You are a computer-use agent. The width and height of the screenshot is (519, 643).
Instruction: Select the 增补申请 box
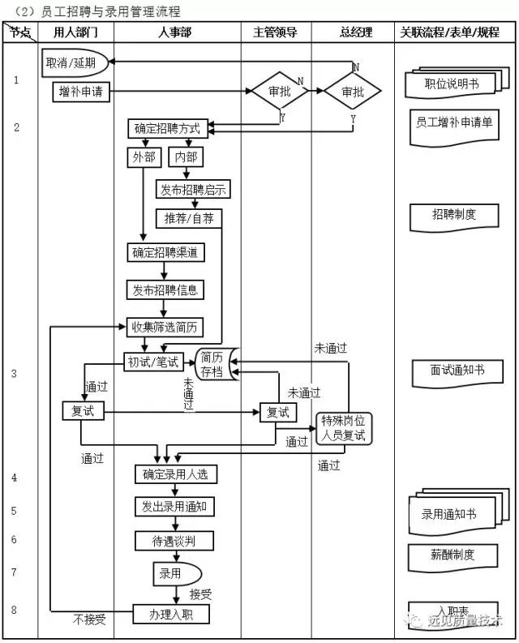pos(81,91)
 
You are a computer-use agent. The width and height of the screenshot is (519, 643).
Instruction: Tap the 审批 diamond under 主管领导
pos(278,92)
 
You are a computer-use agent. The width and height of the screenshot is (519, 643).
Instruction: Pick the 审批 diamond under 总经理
pos(353,92)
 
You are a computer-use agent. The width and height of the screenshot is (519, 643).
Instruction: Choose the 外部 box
pos(144,157)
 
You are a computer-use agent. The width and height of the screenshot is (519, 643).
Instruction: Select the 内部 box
pos(186,157)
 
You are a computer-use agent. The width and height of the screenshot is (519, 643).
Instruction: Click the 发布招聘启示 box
pos(193,190)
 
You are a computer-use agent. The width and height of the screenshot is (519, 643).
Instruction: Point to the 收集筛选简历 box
pos(165,328)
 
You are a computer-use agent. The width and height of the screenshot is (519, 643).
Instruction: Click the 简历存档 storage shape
pos(213,363)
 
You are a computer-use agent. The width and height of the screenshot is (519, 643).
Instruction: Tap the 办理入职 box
pos(170,614)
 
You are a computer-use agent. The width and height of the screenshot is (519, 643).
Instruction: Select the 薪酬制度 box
pos(453,555)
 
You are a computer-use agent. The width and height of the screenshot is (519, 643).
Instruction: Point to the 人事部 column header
pos(177,32)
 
